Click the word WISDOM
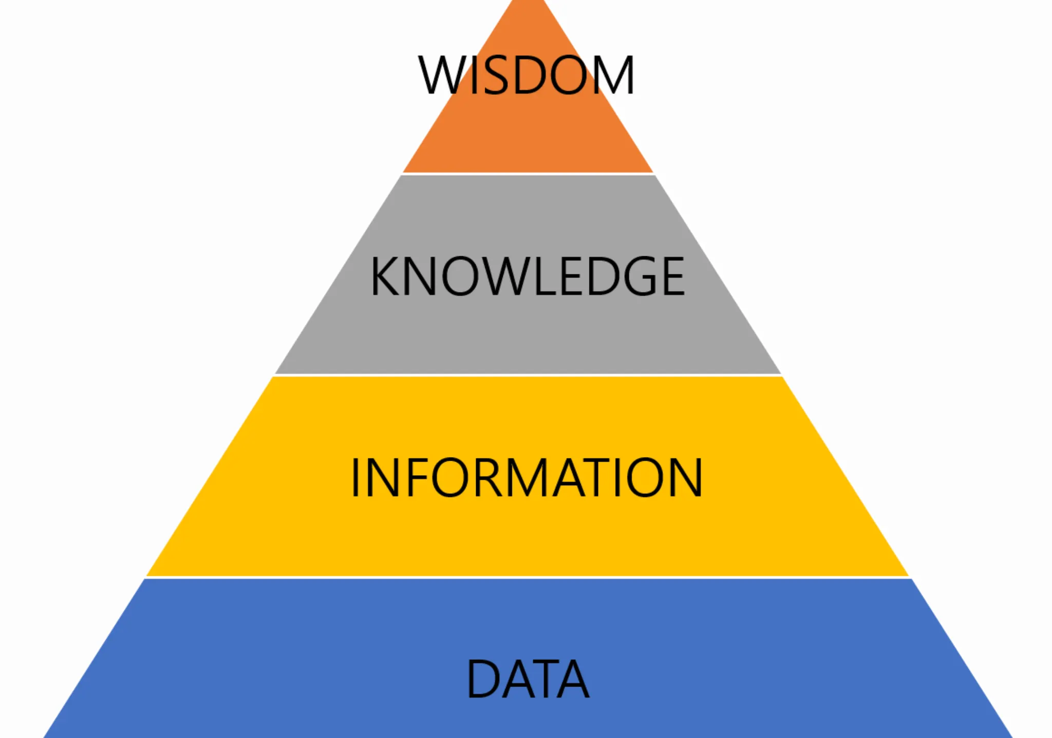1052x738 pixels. pyautogui.click(x=527, y=75)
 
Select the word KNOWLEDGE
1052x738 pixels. pyautogui.click(x=527, y=276)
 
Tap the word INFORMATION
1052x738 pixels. pyautogui.click(x=527, y=478)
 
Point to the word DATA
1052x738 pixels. pyautogui.click(x=528, y=678)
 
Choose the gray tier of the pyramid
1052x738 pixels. pyautogui.click(x=528, y=334)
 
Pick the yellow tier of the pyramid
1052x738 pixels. pyautogui.click(x=528, y=539)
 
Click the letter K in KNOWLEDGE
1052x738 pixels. pyautogui.click(x=385, y=276)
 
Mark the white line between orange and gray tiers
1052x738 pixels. pyautogui.click(x=528, y=174)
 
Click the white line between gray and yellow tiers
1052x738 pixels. pyautogui.click(x=528, y=375)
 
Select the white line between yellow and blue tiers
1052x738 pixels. pyautogui.click(x=528, y=577)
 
